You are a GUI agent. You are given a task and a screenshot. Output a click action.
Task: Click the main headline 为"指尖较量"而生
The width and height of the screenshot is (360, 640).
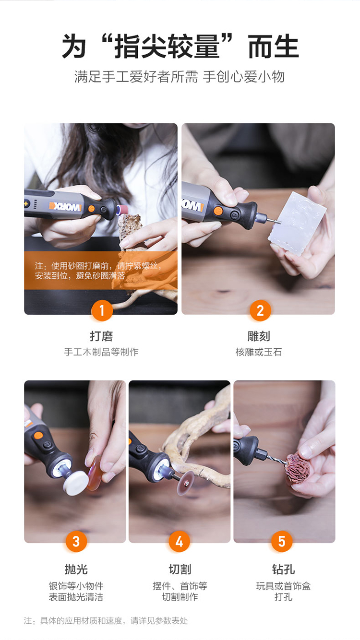(180, 47)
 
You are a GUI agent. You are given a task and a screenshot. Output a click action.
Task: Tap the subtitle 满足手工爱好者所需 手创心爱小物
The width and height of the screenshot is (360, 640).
(180, 77)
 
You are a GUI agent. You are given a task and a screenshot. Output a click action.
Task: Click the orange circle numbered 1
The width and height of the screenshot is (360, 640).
(102, 311)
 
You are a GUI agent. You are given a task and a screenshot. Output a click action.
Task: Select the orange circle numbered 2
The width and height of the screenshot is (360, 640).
(260, 311)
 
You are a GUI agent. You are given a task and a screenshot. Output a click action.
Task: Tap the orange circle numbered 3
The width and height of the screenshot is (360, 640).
(76, 542)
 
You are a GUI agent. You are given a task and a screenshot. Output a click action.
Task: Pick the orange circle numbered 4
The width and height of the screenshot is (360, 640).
(179, 542)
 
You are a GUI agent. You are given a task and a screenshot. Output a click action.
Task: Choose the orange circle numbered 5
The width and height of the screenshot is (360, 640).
(282, 542)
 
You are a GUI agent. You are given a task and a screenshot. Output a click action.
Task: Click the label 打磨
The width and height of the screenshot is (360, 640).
(101, 336)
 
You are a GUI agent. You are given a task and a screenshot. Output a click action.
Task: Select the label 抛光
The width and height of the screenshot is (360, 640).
(76, 569)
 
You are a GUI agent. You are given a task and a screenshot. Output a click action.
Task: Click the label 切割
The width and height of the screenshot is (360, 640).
(180, 569)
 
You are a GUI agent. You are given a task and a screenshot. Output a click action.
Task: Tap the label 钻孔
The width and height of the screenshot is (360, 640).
(283, 569)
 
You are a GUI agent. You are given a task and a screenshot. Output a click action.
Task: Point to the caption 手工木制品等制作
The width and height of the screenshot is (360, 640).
(101, 352)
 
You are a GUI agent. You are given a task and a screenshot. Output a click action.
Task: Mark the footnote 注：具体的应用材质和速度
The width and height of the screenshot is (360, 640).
(106, 621)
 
